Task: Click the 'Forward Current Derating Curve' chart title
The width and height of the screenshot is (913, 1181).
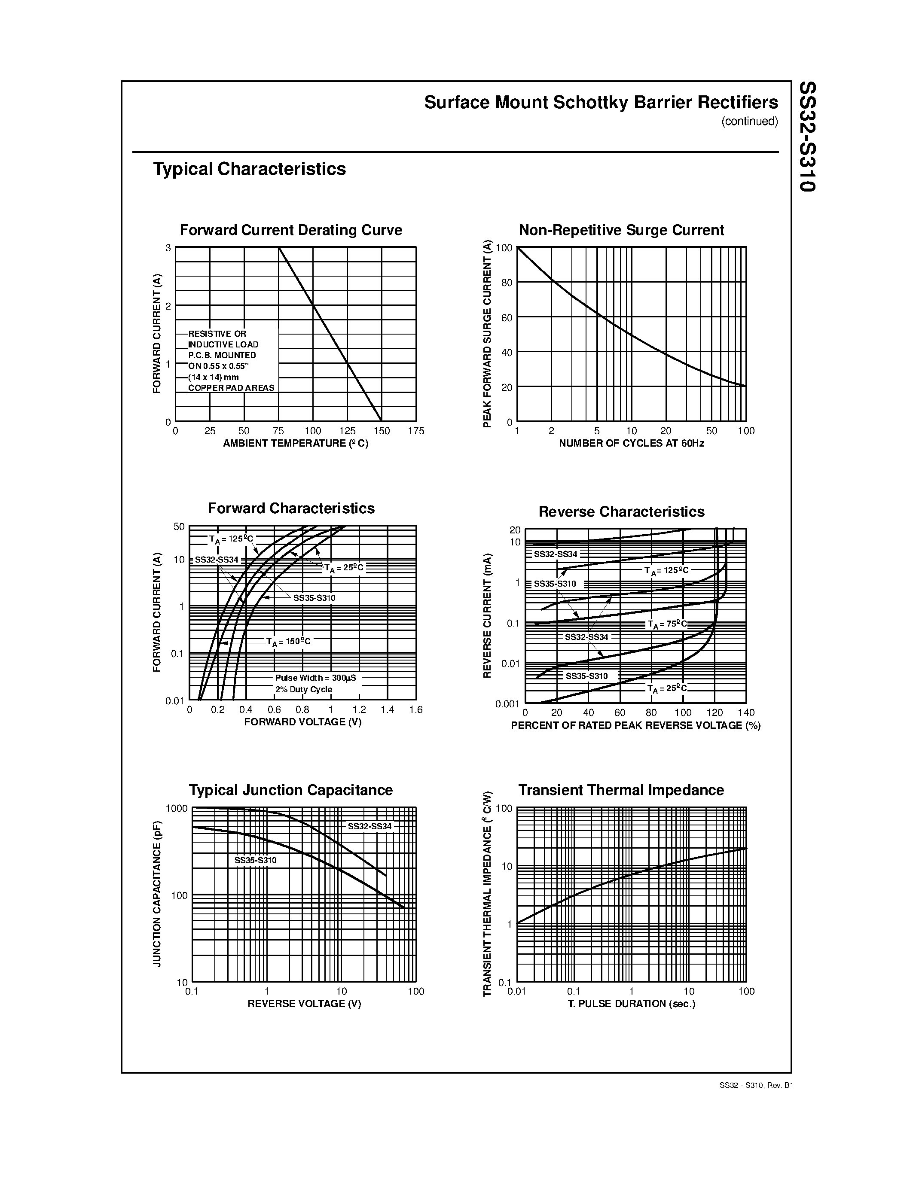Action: click(x=290, y=230)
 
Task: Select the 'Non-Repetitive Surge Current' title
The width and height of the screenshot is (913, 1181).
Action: click(x=621, y=230)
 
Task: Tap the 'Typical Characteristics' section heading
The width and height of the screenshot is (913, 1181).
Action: click(x=249, y=169)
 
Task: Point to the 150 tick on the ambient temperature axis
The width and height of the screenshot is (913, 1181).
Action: click(x=382, y=431)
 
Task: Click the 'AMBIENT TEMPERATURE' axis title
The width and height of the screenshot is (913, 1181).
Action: click(x=295, y=444)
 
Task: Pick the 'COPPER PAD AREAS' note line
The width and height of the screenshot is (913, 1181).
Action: click(x=231, y=388)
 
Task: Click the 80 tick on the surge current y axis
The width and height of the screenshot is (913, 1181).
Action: click(x=506, y=282)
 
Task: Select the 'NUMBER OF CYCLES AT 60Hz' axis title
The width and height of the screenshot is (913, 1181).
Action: click(x=631, y=444)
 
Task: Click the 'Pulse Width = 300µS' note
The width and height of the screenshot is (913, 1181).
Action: click(x=315, y=678)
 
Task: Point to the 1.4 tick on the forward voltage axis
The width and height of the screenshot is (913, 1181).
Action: click(x=387, y=709)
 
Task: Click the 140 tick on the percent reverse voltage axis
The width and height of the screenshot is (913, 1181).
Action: click(x=746, y=713)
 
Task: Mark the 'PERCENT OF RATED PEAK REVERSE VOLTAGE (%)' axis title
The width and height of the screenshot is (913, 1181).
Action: click(x=635, y=725)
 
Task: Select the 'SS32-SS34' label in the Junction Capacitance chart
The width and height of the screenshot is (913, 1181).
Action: click(x=369, y=826)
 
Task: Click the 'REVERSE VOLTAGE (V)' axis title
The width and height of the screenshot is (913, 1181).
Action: click(x=304, y=1004)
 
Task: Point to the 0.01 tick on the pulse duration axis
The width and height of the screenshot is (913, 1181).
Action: click(x=516, y=991)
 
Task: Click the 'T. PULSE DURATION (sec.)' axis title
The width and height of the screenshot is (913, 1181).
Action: click(x=631, y=1004)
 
